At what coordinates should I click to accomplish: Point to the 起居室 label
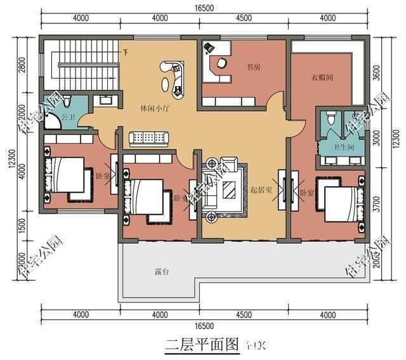coord(261,190)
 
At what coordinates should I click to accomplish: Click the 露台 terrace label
coord(162,272)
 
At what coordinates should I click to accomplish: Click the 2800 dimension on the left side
coord(22,65)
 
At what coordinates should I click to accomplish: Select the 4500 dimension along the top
coord(244,18)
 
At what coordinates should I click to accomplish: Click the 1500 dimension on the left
coord(22,225)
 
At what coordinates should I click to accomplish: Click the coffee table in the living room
coord(230,189)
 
